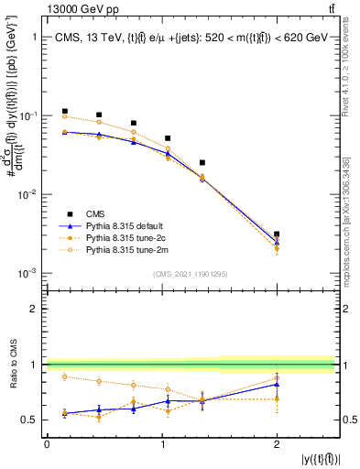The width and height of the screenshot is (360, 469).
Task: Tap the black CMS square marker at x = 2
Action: (x=277, y=234)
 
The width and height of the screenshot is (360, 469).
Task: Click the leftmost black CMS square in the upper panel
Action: (x=64, y=111)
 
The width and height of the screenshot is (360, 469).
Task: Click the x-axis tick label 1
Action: (x=162, y=444)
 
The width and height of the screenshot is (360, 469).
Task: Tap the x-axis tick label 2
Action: (x=277, y=444)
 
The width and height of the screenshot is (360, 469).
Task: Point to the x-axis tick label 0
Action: (x=47, y=444)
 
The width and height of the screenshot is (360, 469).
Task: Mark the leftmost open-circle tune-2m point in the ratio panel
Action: (x=64, y=376)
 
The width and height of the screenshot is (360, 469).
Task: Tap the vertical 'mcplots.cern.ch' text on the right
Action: (x=350, y=211)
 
